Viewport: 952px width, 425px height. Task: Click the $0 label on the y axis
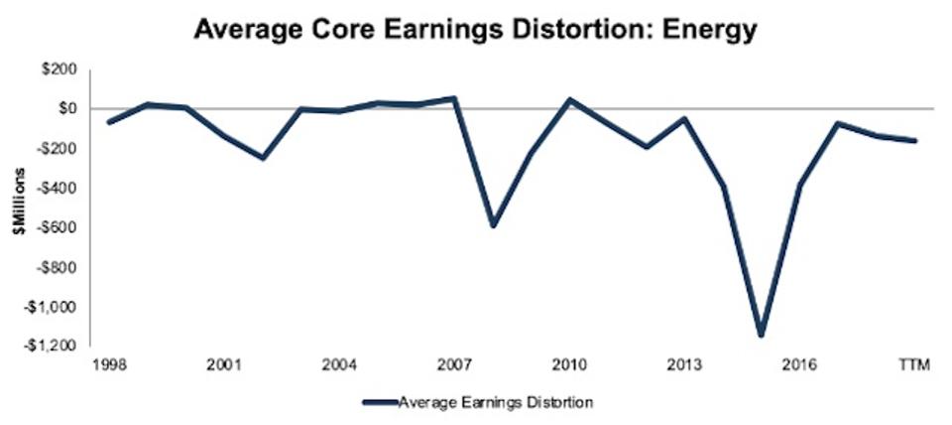[x=73, y=108]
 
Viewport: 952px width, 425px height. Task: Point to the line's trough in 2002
[x=264, y=157]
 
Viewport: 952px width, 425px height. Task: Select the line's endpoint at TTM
[x=914, y=141]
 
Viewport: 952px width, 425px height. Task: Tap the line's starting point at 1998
[x=108, y=122]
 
